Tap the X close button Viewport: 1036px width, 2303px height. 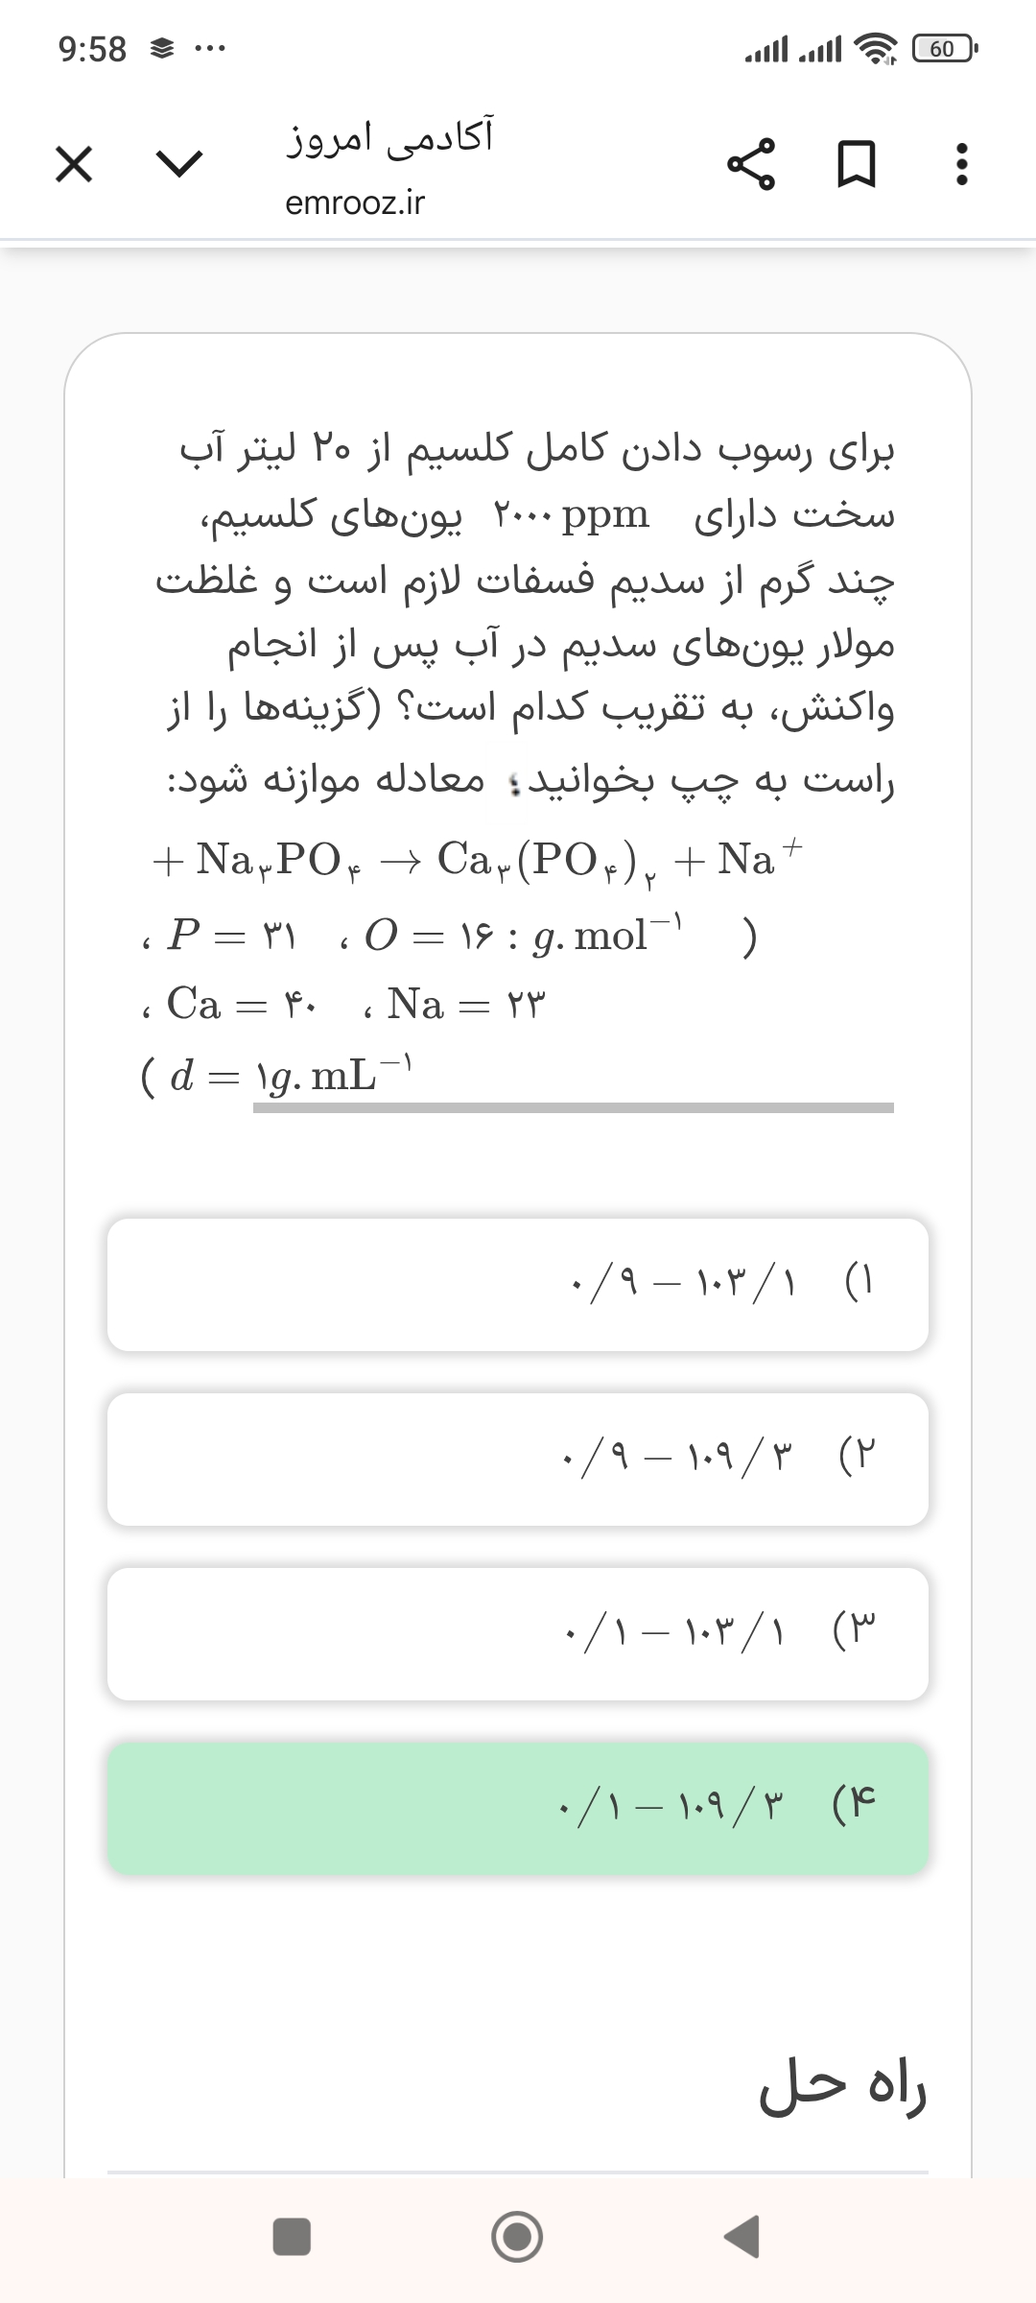(x=74, y=165)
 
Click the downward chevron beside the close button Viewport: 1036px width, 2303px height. (x=180, y=165)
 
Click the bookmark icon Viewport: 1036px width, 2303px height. (x=857, y=165)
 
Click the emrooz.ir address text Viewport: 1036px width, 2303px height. (x=355, y=203)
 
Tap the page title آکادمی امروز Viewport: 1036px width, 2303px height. (x=389, y=137)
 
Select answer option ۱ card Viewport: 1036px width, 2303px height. (x=518, y=1284)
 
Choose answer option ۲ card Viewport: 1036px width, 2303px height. (x=518, y=1459)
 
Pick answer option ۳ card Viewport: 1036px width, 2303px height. (x=518, y=1633)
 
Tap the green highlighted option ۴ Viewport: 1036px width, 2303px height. (x=518, y=1808)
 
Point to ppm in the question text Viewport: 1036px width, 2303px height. (x=605, y=515)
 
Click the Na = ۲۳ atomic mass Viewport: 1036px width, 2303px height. (x=466, y=1005)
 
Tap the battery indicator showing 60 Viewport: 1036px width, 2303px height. (x=943, y=48)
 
